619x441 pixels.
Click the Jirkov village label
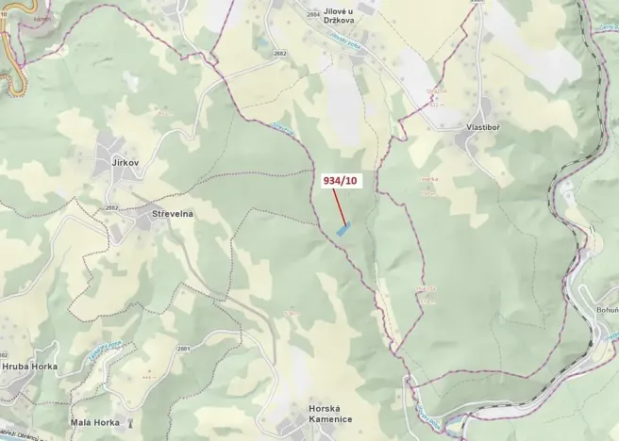tap(125, 163)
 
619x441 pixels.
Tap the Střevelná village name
tap(172, 214)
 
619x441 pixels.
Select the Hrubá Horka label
tap(29, 366)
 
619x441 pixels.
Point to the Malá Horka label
tap(94, 422)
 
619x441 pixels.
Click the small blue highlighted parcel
tap(343, 228)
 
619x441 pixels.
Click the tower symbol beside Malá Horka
tap(129, 422)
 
